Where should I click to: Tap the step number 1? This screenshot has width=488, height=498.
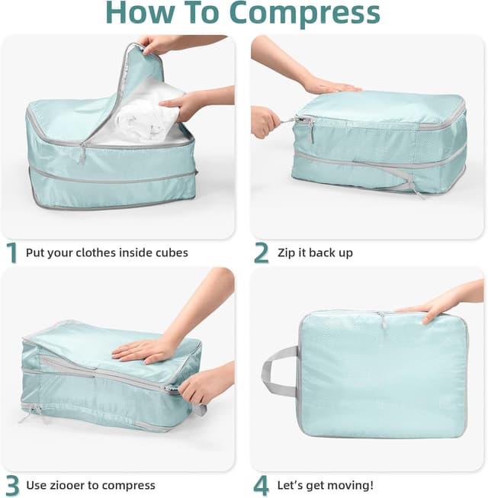click(x=11, y=252)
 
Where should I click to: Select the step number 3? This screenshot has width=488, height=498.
click(x=11, y=485)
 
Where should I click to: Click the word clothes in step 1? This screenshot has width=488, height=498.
click(x=101, y=252)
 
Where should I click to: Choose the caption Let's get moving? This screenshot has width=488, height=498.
click(x=325, y=485)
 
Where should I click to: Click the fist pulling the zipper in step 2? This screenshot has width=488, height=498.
click(x=266, y=120)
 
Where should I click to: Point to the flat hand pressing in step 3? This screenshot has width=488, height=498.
click(x=145, y=349)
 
